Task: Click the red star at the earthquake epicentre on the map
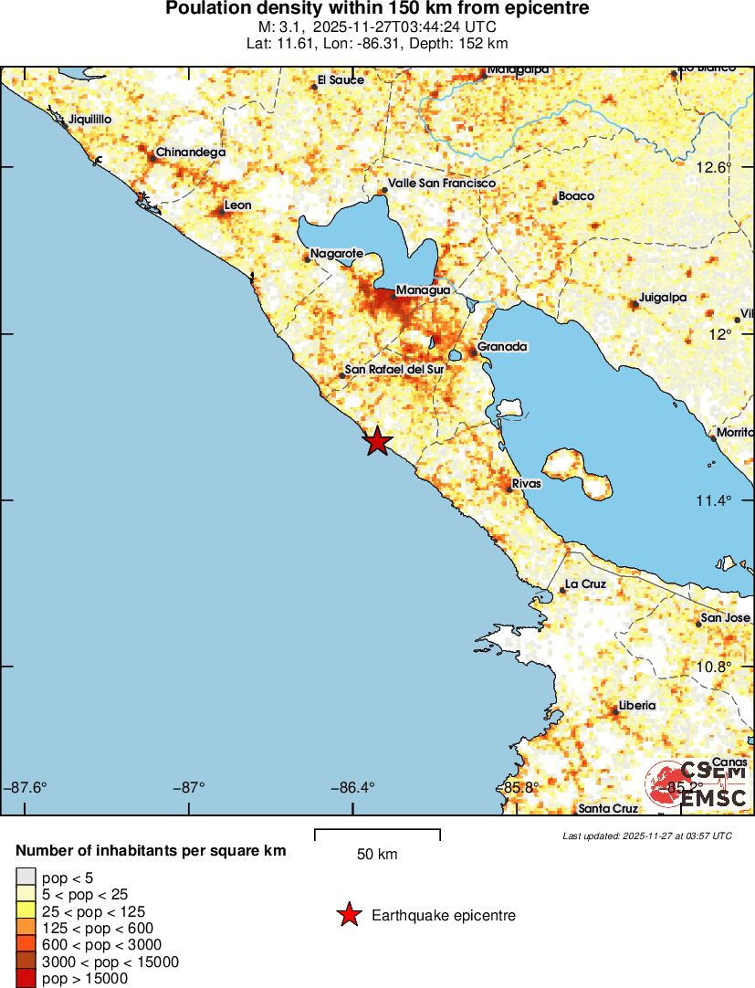click(x=377, y=441)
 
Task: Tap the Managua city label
click(x=423, y=289)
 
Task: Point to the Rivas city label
click(x=527, y=483)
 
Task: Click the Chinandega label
click(x=191, y=152)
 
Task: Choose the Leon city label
click(x=237, y=205)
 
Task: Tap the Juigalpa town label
click(x=663, y=297)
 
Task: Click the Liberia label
click(x=636, y=705)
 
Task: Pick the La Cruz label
click(x=585, y=583)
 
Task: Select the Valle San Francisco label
click(x=442, y=184)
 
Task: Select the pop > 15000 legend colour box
click(x=26, y=978)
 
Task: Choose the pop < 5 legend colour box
click(x=26, y=878)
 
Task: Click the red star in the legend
click(x=349, y=915)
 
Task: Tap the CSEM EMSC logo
click(x=698, y=784)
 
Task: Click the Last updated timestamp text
click(x=646, y=836)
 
